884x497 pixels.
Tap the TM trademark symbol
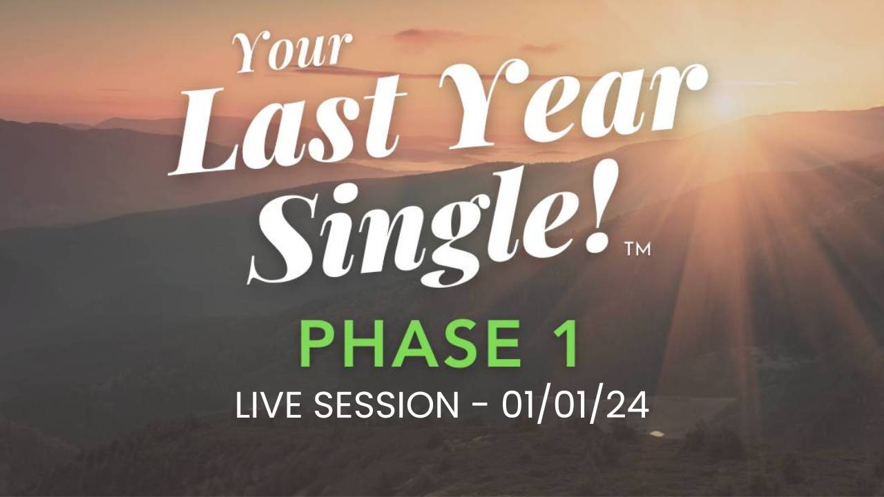pyautogui.click(x=637, y=250)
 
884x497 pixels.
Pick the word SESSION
pyautogui.click(x=386, y=406)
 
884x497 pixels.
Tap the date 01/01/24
pyautogui.click(x=575, y=406)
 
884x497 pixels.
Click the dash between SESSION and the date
pyautogui.click(x=480, y=408)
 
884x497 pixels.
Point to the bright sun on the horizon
pyautogui.click(x=725, y=104)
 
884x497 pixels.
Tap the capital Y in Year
pyautogui.click(x=493, y=106)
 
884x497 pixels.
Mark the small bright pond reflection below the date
pyautogui.click(x=657, y=434)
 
